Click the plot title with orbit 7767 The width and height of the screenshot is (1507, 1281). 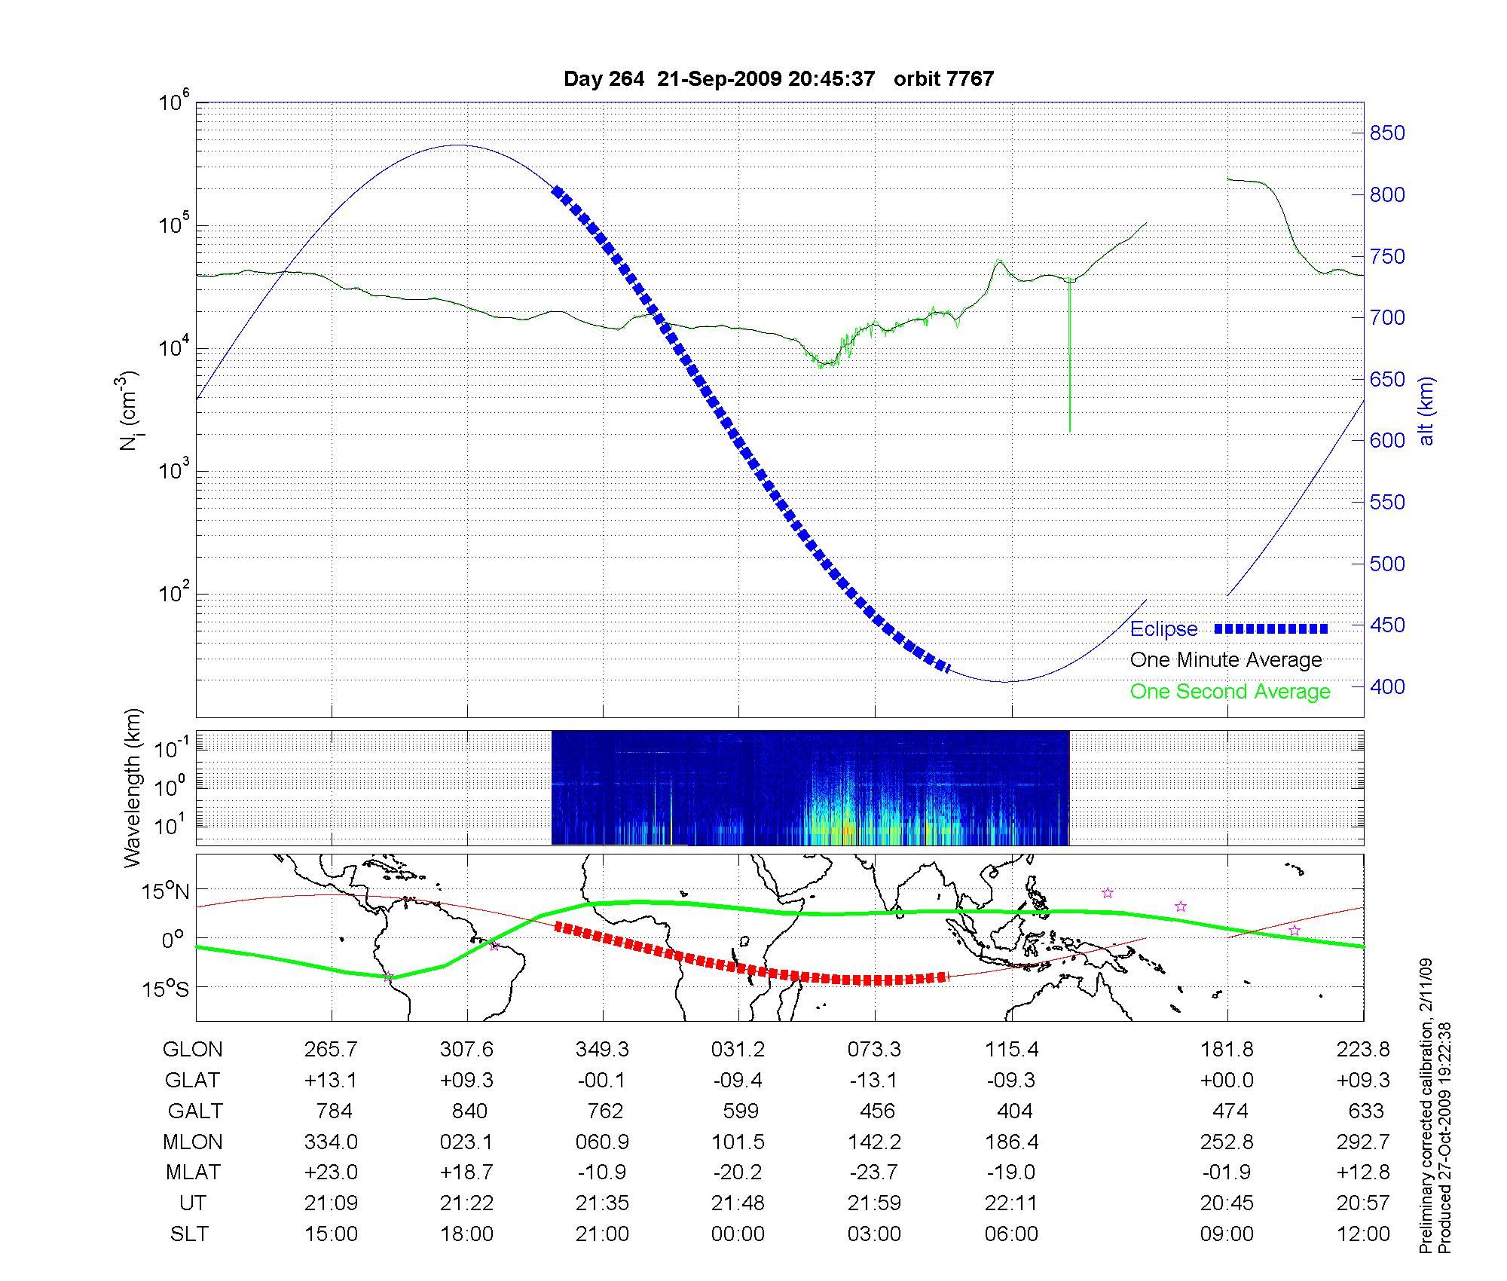[x=778, y=79]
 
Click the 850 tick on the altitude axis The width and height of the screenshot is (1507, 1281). [x=1386, y=133]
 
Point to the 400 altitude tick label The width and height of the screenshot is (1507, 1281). [x=1386, y=686]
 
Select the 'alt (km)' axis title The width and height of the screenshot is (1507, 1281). [x=1426, y=411]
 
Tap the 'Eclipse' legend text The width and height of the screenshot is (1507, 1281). [x=1163, y=629]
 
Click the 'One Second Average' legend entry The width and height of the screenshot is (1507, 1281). [x=1230, y=692]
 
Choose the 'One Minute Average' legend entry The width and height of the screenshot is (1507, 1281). [x=1226, y=660]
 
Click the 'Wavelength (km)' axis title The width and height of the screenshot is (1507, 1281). [x=133, y=787]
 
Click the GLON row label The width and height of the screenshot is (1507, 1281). [x=193, y=1050]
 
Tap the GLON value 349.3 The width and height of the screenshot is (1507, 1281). [x=602, y=1050]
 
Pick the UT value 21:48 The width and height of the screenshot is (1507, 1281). [x=738, y=1203]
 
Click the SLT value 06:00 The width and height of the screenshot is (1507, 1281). [x=1011, y=1234]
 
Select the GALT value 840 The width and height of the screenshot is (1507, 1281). [x=469, y=1111]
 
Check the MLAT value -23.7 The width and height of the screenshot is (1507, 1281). [x=874, y=1172]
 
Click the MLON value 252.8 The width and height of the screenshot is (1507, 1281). [x=1227, y=1142]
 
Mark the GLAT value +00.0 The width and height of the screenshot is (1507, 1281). [x=1227, y=1081]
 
